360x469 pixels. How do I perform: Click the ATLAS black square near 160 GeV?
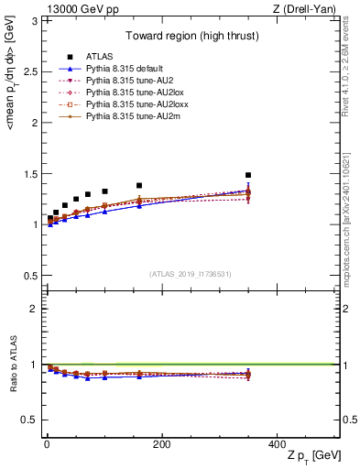pyautogui.click(x=139, y=186)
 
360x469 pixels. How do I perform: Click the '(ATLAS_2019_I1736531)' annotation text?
pyautogui.click(x=191, y=274)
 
